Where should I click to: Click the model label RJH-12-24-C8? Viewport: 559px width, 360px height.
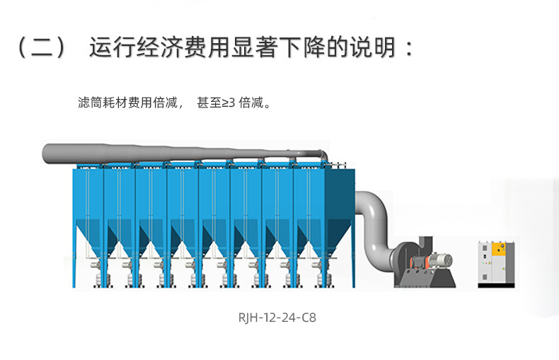click(278, 318)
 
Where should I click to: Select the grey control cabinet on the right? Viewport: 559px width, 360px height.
click(492, 264)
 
